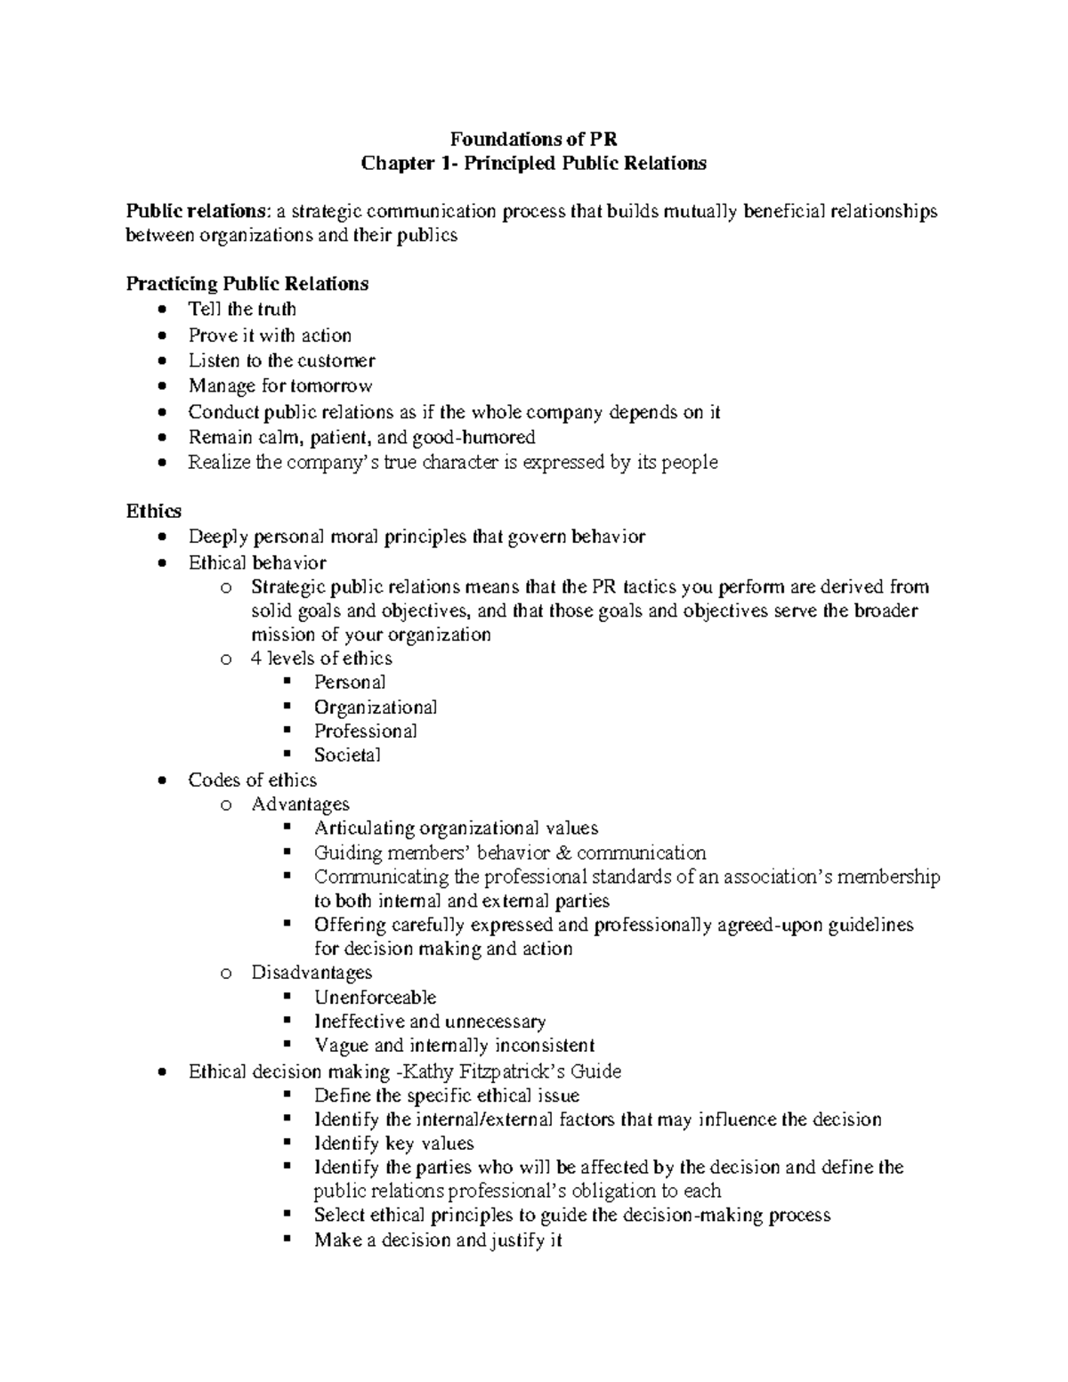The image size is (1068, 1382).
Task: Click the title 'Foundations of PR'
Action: pyautogui.click(x=533, y=139)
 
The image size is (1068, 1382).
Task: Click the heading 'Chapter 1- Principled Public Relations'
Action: pyautogui.click(x=533, y=163)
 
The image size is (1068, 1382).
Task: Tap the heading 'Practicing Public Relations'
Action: pyautogui.click(x=247, y=284)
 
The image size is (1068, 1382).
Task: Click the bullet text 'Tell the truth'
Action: pyautogui.click(x=242, y=310)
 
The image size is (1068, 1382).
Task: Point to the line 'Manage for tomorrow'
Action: pyautogui.click(x=279, y=386)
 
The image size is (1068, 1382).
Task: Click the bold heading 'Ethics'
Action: pyautogui.click(x=153, y=511)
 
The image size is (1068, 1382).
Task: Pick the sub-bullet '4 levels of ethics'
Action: pyautogui.click(x=321, y=659)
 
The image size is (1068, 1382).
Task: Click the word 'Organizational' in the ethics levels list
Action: pyautogui.click(x=375, y=707)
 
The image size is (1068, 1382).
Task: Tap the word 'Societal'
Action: pyautogui.click(x=346, y=756)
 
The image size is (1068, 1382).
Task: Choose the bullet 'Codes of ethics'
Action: pyautogui.click(x=252, y=780)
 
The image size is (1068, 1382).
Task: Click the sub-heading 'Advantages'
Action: pyautogui.click(x=300, y=804)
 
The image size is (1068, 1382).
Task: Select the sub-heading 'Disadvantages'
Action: pyautogui.click(x=311, y=973)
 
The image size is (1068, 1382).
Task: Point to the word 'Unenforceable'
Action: pyautogui.click(x=375, y=998)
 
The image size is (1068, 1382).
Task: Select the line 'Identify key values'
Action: pyautogui.click(x=393, y=1144)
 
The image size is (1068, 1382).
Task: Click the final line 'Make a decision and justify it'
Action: pyautogui.click(x=437, y=1241)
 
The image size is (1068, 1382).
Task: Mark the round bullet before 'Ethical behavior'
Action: pyautogui.click(x=159, y=563)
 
